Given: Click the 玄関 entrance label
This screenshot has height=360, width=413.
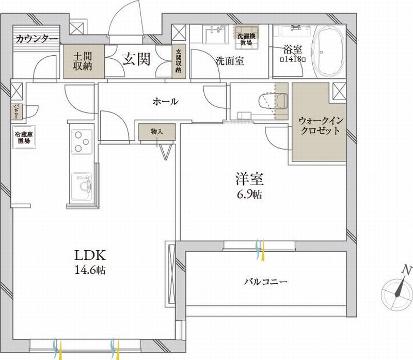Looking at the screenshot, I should [136, 59].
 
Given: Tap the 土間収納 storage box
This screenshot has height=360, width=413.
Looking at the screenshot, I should [83, 61].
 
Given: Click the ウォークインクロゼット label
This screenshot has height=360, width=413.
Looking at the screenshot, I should [319, 125].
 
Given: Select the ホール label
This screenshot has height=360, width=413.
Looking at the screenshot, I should [165, 101].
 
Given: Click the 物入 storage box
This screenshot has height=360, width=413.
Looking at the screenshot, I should [157, 133].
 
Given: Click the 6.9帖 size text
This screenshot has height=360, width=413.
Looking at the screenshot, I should [250, 195].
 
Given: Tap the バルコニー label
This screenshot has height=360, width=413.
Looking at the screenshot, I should [265, 282].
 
